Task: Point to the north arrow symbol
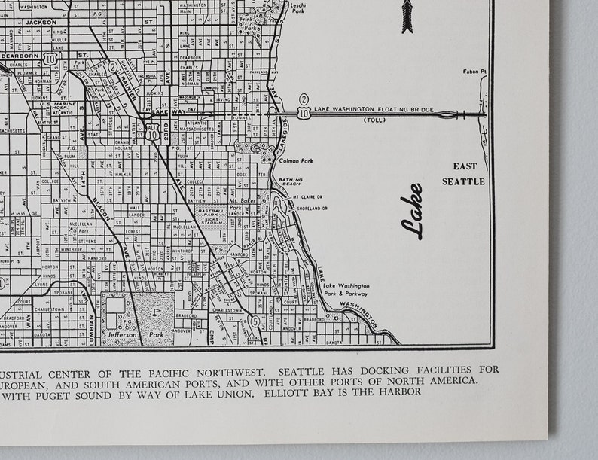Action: (x=409, y=16)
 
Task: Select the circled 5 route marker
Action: (x=255, y=321)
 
